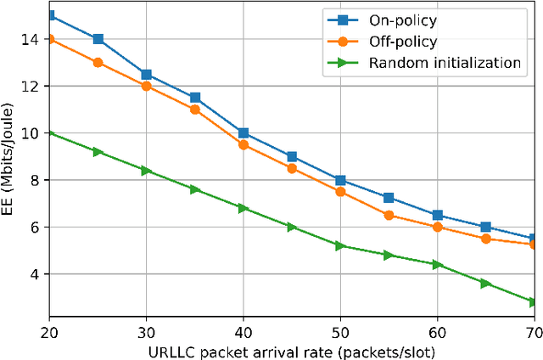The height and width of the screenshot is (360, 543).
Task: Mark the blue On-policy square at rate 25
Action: (x=98, y=39)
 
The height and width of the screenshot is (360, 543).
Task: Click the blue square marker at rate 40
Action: (x=244, y=133)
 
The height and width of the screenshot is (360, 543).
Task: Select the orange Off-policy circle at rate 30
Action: (x=147, y=86)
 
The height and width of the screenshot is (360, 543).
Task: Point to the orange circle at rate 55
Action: (x=389, y=216)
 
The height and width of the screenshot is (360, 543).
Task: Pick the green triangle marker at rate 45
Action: (x=292, y=227)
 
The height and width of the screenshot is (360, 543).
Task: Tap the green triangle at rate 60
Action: (x=437, y=265)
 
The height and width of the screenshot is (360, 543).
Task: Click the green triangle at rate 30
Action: (x=147, y=171)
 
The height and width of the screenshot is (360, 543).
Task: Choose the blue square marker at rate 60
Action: (x=437, y=216)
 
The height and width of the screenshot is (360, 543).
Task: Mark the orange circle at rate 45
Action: (x=292, y=168)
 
